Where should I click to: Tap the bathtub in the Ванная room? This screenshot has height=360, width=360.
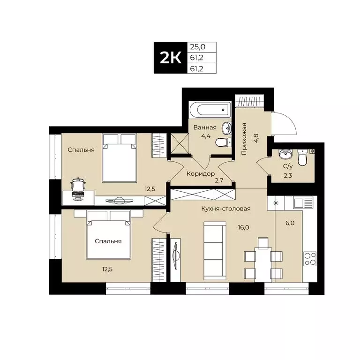pyautogui.click(x=210, y=111)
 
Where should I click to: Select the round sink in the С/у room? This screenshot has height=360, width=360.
pyautogui.click(x=285, y=154)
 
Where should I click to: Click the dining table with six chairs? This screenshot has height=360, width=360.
pyautogui.click(x=263, y=257)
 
